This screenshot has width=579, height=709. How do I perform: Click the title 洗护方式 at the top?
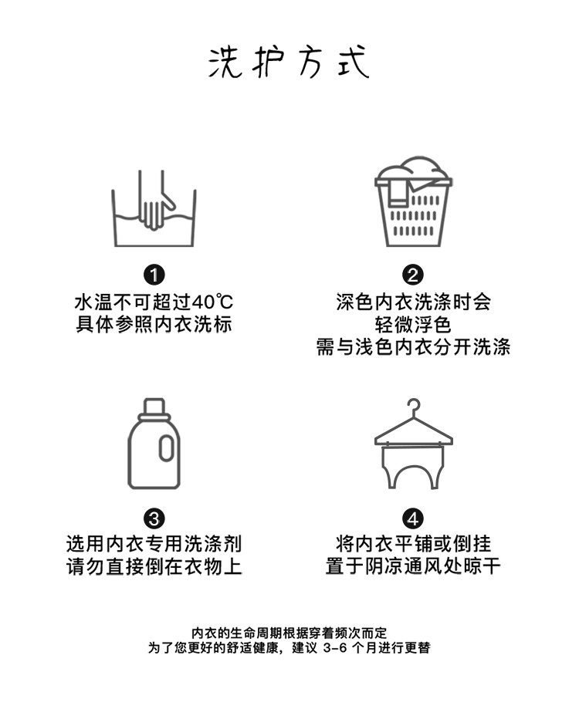point(289,62)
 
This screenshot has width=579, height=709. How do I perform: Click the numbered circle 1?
point(154,275)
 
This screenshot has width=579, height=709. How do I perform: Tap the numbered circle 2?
point(413,275)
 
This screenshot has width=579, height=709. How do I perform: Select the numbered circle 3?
point(154,518)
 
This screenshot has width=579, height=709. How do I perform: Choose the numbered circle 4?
point(413,518)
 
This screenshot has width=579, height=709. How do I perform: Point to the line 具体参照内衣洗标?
point(154,324)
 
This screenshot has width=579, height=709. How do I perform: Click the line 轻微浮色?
point(413,324)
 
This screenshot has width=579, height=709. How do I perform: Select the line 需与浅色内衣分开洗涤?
point(413,347)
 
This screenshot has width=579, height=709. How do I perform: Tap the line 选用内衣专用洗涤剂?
point(154,543)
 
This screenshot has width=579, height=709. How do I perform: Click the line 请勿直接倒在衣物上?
point(154,566)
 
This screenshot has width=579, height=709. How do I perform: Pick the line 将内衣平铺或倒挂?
point(413,543)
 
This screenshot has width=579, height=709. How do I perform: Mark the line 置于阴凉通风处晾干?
point(413,566)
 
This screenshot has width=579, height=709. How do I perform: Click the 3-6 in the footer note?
point(335,648)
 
